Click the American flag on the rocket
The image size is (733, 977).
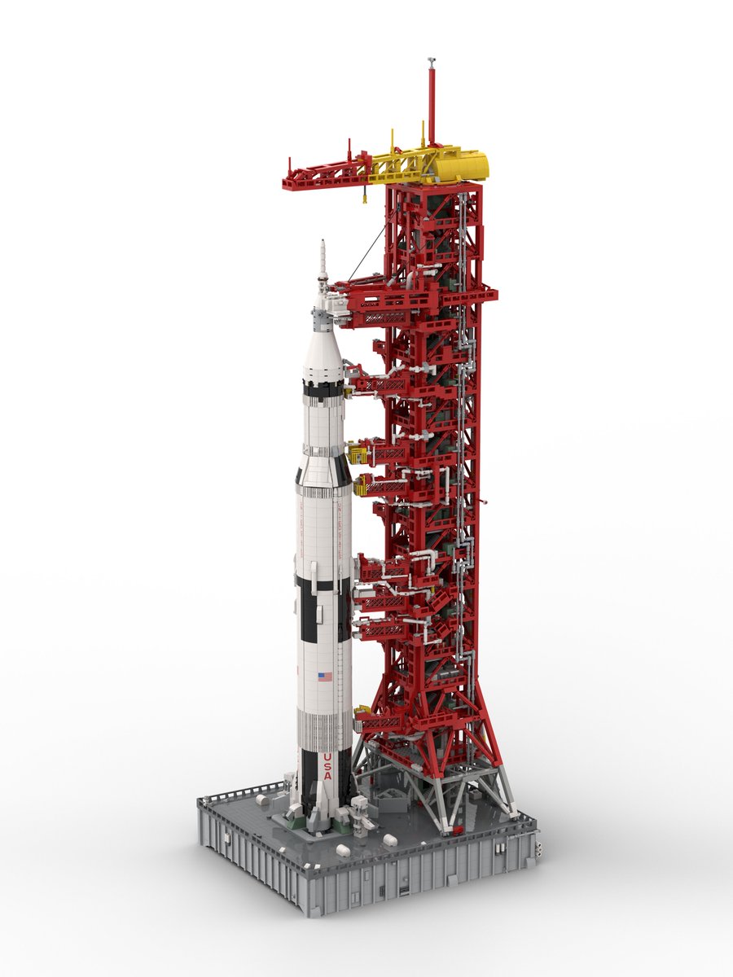point(325,676)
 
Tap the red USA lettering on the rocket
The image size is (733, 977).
point(327,766)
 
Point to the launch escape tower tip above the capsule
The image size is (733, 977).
point(323,244)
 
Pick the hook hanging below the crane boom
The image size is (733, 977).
point(363,195)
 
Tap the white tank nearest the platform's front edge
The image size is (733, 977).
point(342,850)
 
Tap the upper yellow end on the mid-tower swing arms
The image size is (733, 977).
point(355,449)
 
